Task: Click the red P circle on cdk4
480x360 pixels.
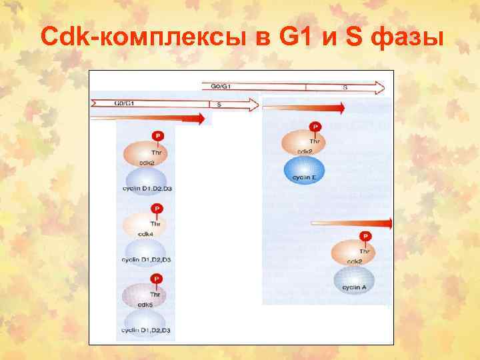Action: click(157, 209)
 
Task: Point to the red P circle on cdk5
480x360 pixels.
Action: click(157, 279)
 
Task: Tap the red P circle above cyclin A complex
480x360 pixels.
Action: click(365, 236)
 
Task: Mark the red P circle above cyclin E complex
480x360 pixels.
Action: click(315, 127)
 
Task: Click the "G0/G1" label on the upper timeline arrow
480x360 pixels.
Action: click(221, 87)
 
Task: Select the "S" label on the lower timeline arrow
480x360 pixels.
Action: click(219, 105)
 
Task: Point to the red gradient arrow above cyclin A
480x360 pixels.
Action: click(353, 224)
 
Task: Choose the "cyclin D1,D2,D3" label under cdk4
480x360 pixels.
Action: click(146, 259)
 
